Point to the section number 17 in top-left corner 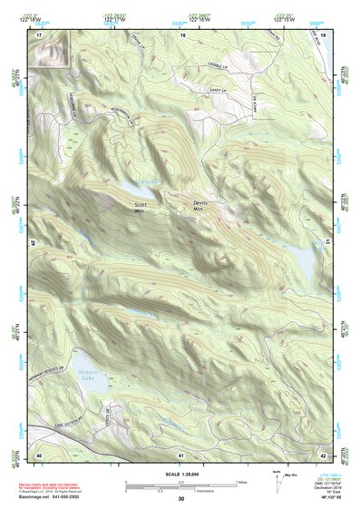tap(39, 34)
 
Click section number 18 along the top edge tap(182, 34)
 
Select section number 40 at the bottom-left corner tap(39, 454)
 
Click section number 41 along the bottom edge tap(181, 454)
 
